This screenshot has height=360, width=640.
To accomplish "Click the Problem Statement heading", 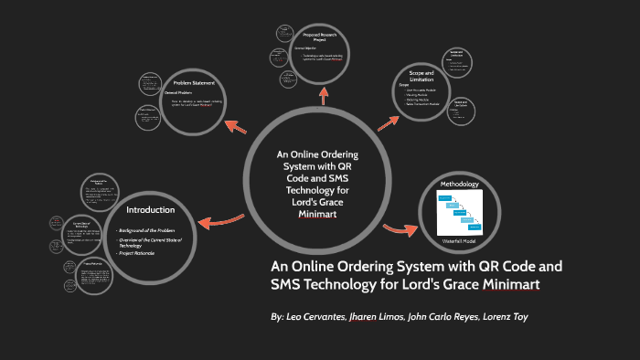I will click(x=194, y=84).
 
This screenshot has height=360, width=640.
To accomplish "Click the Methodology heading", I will click(x=459, y=185).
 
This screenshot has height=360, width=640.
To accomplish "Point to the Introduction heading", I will click(x=150, y=210).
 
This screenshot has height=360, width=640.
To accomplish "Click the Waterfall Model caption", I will click(x=459, y=239).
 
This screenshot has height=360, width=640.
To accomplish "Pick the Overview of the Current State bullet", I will click(x=150, y=242).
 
